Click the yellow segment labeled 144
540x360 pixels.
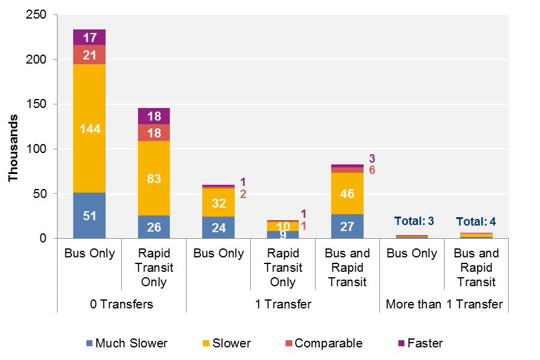point(89,128)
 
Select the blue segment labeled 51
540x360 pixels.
point(89,215)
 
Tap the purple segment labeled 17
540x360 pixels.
point(89,37)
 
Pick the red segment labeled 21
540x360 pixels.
point(89,55)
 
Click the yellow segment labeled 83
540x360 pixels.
point(154,178)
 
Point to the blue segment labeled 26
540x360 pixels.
point(154,227)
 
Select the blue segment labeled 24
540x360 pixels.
point(218,227)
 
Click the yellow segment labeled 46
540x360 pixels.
point(347,193)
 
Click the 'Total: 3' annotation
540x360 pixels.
point(414,221)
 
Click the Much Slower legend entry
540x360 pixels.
point(128,343)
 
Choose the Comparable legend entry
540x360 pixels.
point(325,343)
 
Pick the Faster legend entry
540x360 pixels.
point(419,343)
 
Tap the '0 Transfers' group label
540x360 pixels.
point(122,304)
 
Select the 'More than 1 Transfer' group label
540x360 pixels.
point(444,304)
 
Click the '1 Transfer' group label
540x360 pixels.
point(283,304)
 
